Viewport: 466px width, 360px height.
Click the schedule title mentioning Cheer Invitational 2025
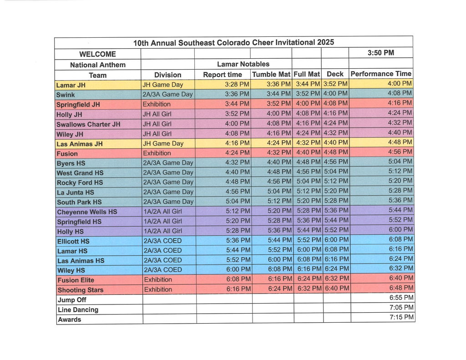coord(233,43)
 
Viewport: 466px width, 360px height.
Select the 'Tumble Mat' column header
coord(271,74)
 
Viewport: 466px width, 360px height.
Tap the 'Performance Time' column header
coord(381,74)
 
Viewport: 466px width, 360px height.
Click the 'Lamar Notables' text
coord(243,64)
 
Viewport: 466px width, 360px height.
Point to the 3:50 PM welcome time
coord(380,53)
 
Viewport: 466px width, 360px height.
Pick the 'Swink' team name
coord(66,95)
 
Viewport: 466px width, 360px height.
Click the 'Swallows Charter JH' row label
coord(88,124)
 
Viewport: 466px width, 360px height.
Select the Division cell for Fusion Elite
coord(158,279)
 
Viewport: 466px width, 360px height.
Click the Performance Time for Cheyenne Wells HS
coord(400,210)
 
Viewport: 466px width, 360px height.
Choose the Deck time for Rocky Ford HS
coord(336,181)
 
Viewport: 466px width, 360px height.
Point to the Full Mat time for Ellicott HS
coord(309,240)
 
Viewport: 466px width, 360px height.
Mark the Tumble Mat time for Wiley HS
coord(279,269)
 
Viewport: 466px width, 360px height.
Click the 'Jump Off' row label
coord(72,300)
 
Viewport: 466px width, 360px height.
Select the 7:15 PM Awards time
coord(401,317)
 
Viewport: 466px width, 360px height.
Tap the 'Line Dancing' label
coord(78,310)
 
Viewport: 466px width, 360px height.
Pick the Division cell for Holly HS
coord(162,231)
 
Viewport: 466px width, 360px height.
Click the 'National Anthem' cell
coord(97,65)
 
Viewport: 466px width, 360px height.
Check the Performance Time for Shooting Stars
coord(401,288)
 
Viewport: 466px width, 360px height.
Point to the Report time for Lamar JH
coord(237,84)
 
